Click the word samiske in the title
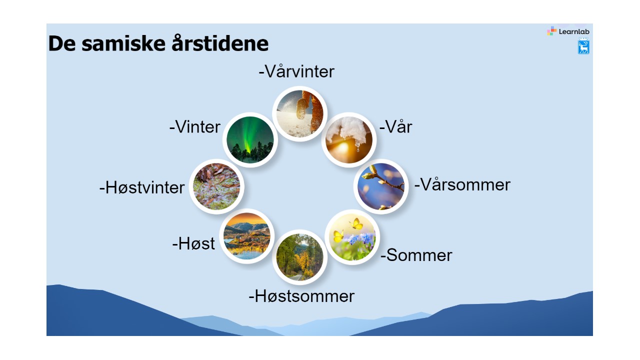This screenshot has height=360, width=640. [123, 43]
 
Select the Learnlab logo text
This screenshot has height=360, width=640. [574, 31]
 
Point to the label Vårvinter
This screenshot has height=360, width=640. [296, 71]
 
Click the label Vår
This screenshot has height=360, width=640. [395, 126]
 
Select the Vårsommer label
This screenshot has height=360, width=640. [462, 184]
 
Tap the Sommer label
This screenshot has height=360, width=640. [416, 255]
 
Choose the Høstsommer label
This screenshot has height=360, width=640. [301, 296]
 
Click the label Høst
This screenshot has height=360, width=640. [193, 243]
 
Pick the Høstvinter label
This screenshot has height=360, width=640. [142, 187]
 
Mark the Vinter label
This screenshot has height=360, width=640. [195, 127]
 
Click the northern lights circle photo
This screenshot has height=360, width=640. [250, 139]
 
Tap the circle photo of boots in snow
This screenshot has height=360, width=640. [299, 113]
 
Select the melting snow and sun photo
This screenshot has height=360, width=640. [349, 139]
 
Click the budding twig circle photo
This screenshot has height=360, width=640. [381, 186]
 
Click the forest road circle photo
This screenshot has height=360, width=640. [299, 257]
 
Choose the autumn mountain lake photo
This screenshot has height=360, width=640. [247, 236]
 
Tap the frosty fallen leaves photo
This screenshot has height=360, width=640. [216, 186]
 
